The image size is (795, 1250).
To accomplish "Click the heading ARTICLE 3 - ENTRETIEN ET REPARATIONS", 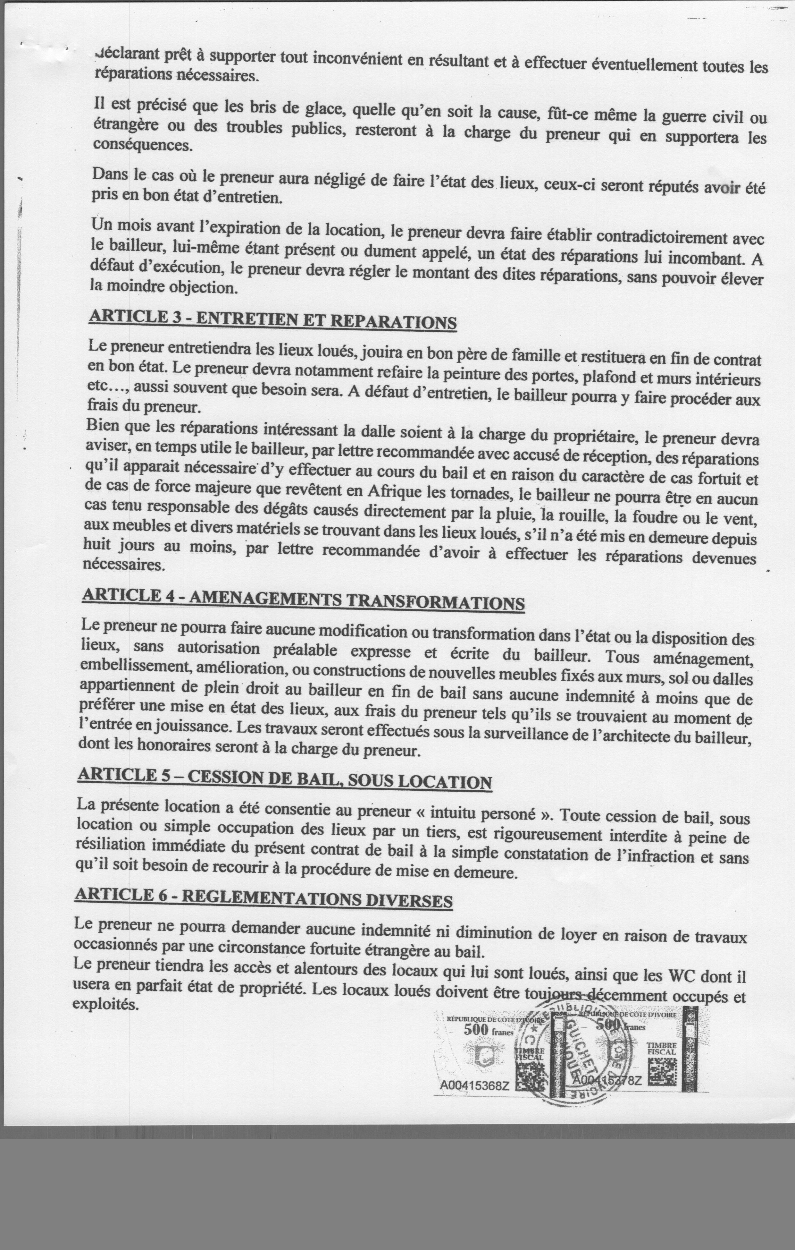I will point(272,319).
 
